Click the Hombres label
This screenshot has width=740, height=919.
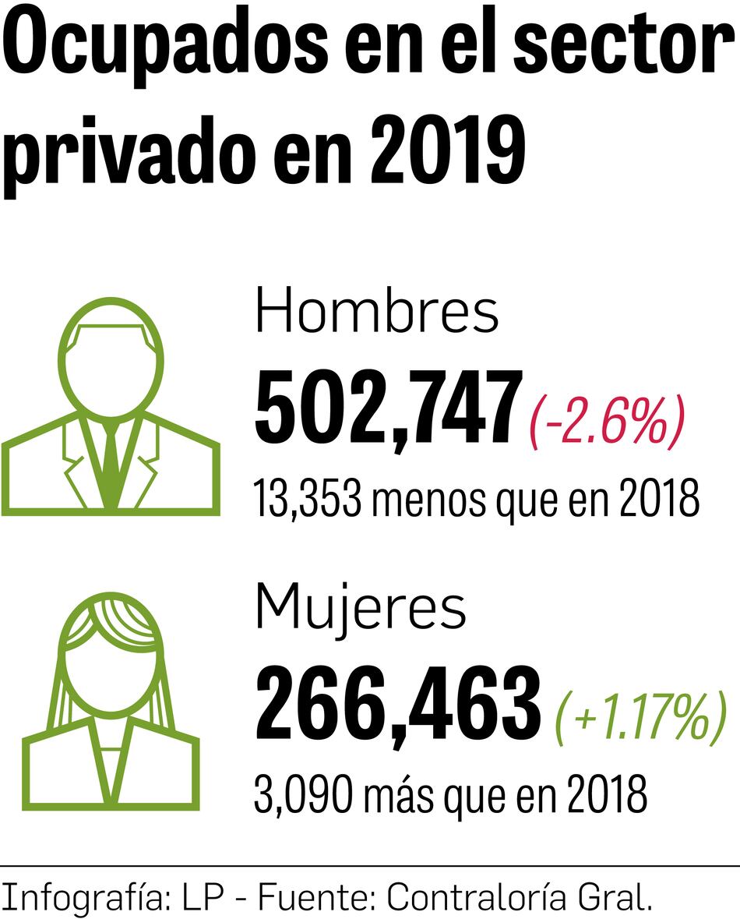(x=377, y=312)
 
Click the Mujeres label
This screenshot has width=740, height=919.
(x=360, y=608)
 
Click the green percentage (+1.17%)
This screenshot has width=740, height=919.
(x=640, y=719)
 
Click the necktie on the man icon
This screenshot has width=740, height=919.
(x=111, y=460)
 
